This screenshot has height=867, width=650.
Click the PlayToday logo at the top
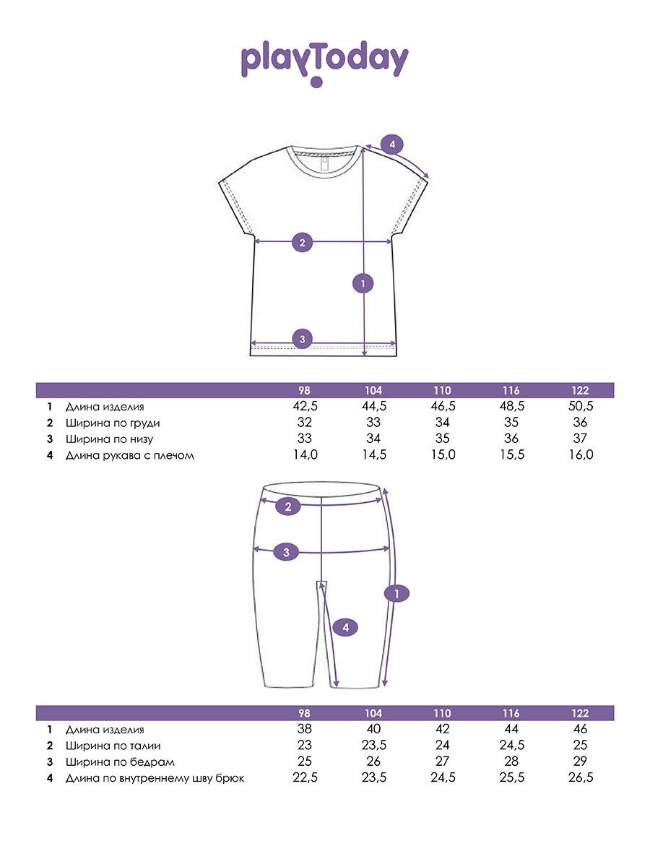click(324, 63)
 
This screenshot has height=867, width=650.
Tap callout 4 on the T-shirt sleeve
click(392, 144)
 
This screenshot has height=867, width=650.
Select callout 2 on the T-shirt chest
click(303, 242)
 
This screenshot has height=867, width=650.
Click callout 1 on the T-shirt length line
click(363, 283)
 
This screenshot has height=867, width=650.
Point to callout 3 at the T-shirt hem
click(303, 339)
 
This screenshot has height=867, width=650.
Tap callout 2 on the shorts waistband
click(288, 506)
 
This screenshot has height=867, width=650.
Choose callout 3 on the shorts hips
click(286, 552)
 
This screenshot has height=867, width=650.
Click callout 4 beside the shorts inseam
click(345, 627)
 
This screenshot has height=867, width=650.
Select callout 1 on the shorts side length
click(396, 593)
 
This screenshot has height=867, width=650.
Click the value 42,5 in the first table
click(305, 406)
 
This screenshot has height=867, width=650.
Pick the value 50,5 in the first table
click(581, 406)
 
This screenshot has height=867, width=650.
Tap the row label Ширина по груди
click(113, 423)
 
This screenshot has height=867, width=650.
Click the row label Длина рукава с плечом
click(130, 455)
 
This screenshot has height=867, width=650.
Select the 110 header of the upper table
click(442, 391)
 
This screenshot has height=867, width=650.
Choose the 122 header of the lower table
click(580, 713)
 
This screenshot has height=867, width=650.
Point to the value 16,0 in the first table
click(581, 454)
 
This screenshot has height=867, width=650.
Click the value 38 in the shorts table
click(304, 729)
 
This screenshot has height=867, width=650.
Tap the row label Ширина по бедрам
click(120, 762)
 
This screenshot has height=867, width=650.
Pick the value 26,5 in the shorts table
click(581, 777)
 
